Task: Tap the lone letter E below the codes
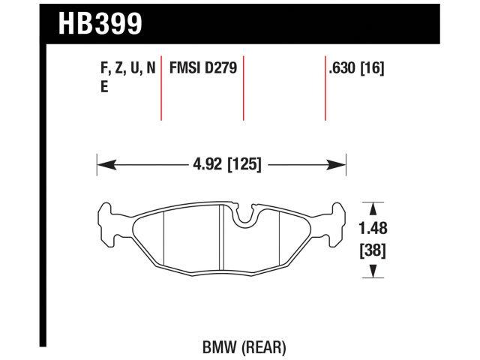point(103,87)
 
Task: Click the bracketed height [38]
point(373,250)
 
